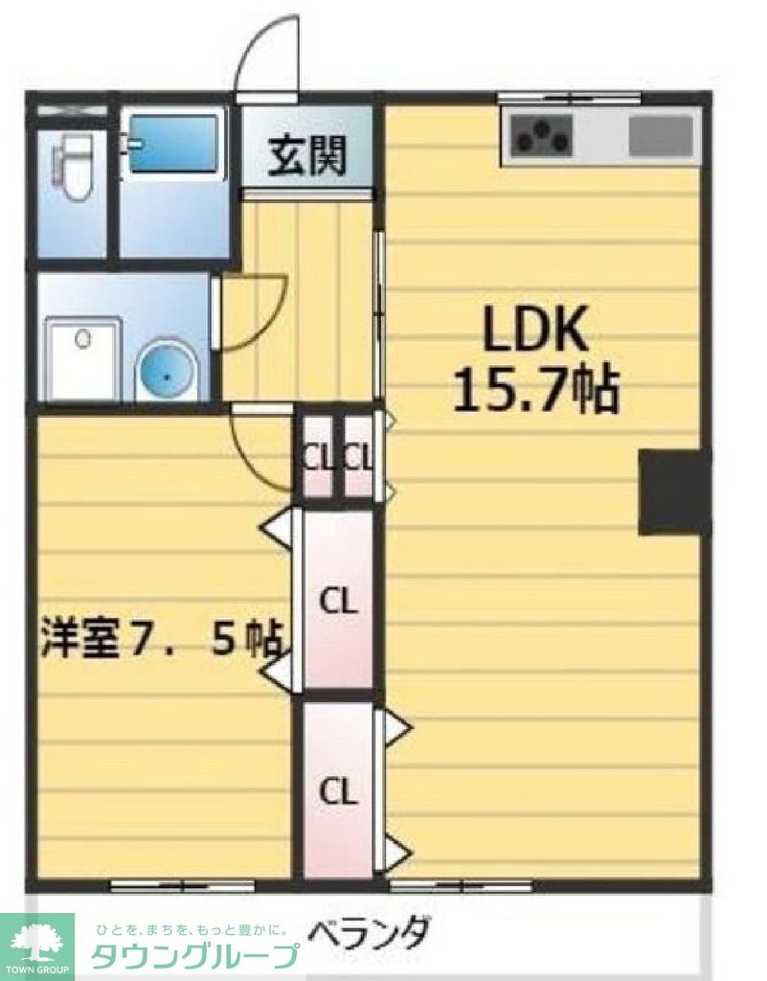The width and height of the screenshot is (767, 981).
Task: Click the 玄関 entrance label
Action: click(x=305, y=156)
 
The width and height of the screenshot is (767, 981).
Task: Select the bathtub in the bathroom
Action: click(x=173, y=144)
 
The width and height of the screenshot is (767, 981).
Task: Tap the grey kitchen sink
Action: click(x=661, y=135)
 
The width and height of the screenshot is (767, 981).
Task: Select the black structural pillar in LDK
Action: click(x=674, y=491)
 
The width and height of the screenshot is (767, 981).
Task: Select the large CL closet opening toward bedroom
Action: click(x=337, y=602)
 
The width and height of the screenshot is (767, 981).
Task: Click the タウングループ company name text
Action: click(x=192, y=956)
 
